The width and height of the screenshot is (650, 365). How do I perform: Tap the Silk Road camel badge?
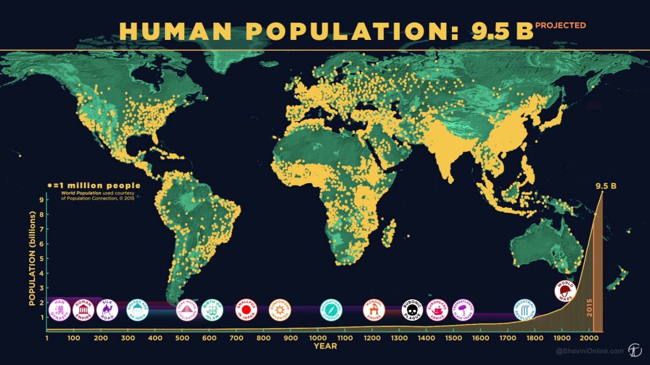click(107, 310)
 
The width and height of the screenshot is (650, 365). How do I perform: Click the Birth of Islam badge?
click(211, 310)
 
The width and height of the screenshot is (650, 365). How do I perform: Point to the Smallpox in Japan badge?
click(246, 310)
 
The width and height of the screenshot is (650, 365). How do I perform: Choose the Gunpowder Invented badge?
click(279, 310)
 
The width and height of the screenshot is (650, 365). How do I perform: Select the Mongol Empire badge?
click(373, 310)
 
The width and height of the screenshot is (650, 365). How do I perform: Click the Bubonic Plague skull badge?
click(412, 310)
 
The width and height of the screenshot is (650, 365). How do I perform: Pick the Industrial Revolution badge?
click(524, 310)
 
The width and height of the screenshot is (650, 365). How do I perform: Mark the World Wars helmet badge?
click(564, 291)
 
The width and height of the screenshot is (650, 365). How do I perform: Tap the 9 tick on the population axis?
click(41, 200)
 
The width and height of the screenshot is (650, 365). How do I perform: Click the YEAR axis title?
click(325, 346)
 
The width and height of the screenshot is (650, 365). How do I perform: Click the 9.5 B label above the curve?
click(606, 186)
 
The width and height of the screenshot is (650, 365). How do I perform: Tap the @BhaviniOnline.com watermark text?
click(581, 350)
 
